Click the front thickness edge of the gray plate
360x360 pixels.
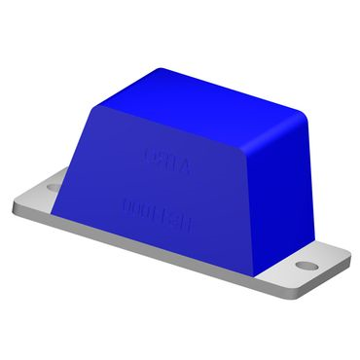[x=146, y=248]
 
